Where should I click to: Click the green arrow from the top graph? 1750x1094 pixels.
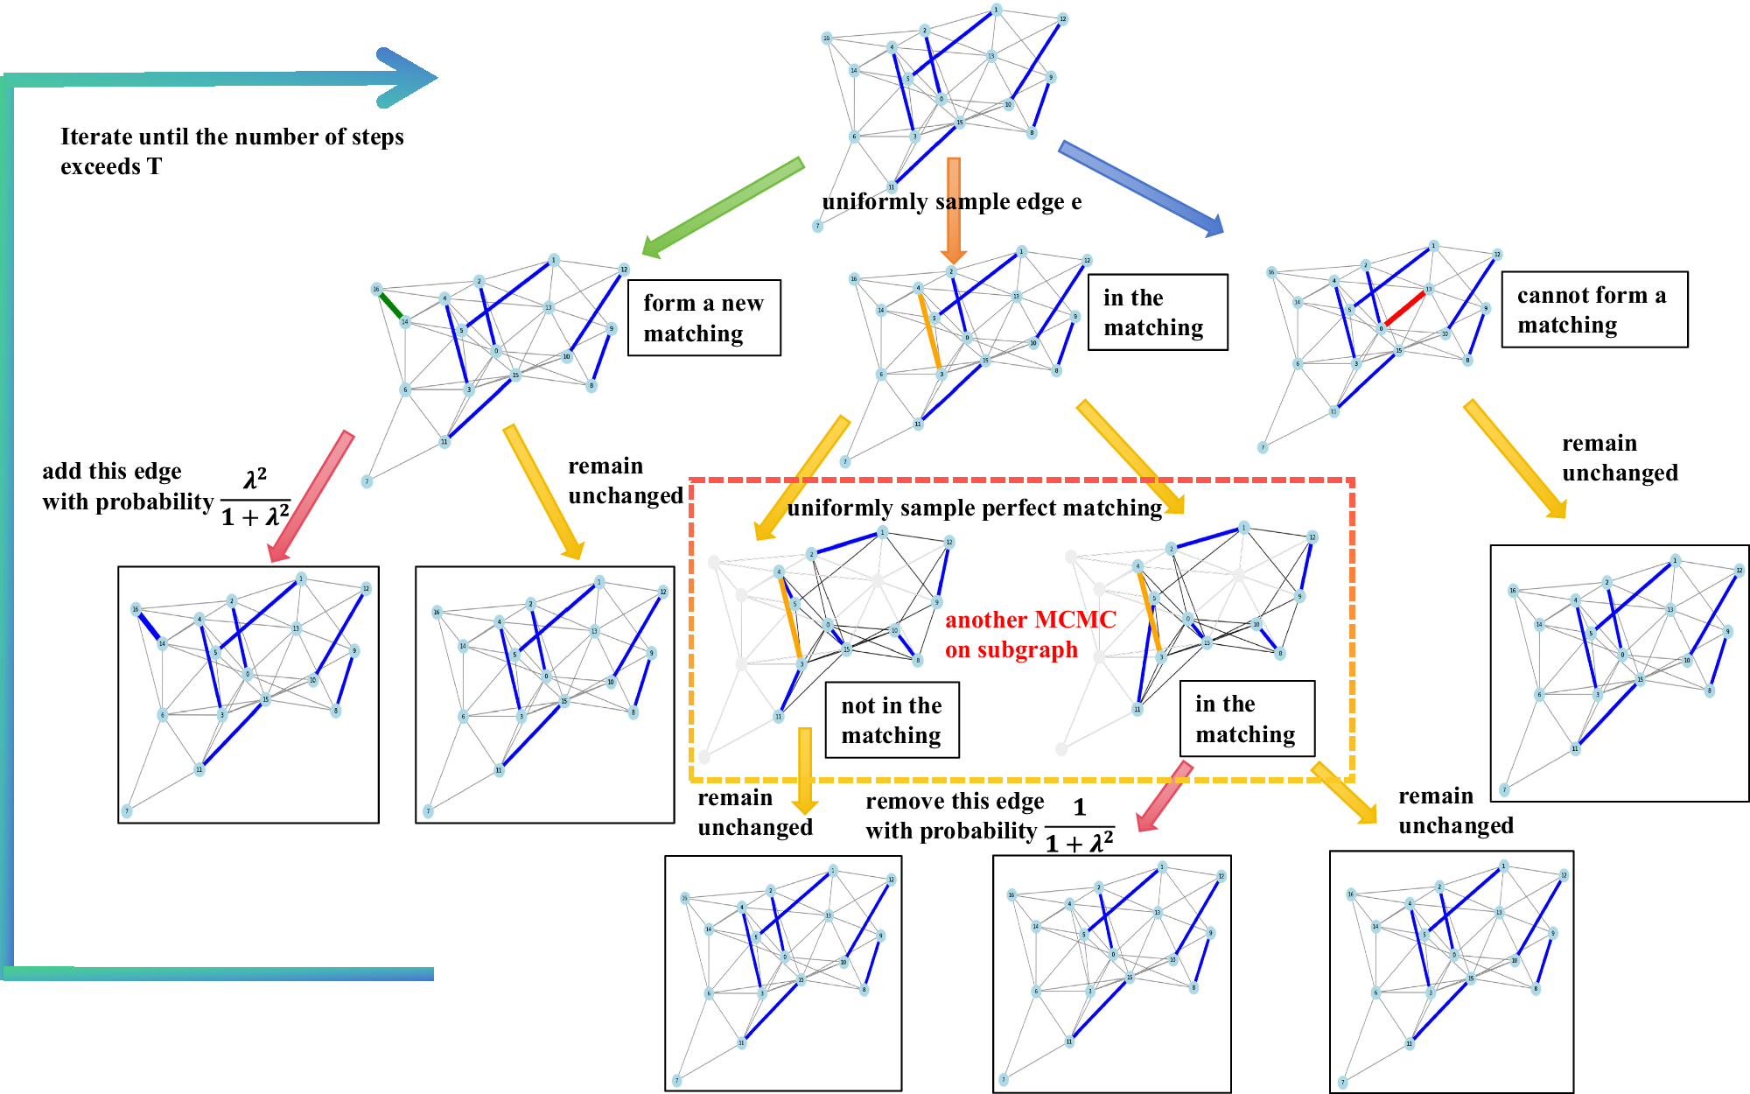(723, 208)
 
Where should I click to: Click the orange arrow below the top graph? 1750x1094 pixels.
(954, 210)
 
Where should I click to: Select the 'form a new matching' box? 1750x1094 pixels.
(703, 318)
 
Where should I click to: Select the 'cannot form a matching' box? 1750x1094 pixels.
(1593, 310)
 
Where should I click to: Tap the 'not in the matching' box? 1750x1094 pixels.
(892, 719)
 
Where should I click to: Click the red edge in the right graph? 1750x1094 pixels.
(1405, 309)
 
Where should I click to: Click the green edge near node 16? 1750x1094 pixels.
(390, 305)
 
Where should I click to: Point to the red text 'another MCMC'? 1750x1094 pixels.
(1030, 620)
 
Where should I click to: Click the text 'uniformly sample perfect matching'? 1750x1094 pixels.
(974, 508)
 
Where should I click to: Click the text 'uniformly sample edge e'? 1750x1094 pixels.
(951, 202)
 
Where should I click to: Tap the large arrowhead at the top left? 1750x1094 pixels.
(406, 78)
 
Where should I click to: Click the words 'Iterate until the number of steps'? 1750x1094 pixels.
(232, 137)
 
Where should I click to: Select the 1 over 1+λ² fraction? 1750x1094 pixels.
(1080, 826)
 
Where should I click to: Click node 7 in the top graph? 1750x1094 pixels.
(817, 226)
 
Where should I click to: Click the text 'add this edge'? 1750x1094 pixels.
(112, 471)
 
